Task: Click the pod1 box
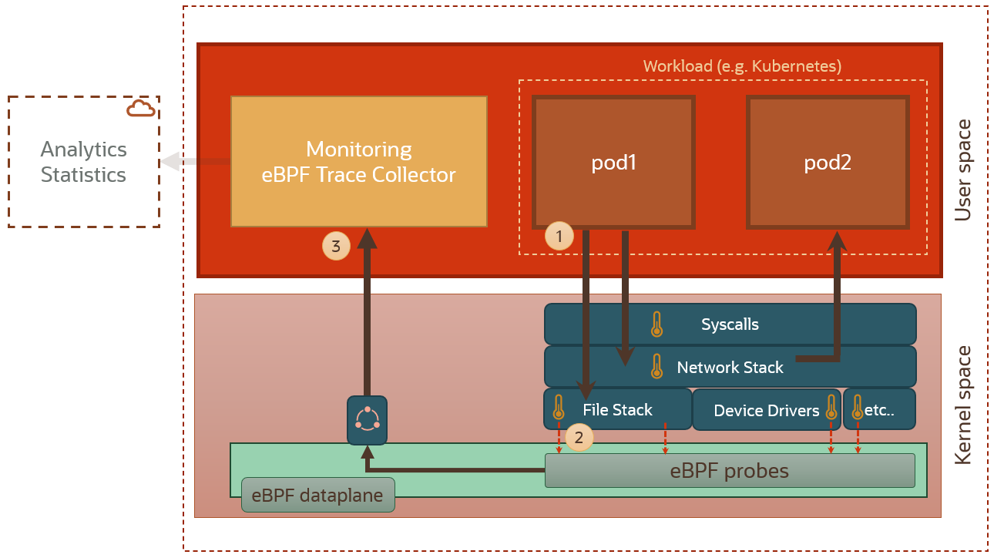click(x=613, y=163)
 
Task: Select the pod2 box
click(x=828, y=163)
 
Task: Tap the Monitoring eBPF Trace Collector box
click(x=359, y=161)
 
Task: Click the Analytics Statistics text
click(x=83, y=162)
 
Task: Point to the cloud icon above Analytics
click(x=140, y=109)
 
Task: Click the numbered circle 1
click(x=559, y=237)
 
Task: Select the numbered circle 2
click(x=579, y=437)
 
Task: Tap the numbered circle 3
click(x=335, y=247)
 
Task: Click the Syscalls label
click(x=730, y=324)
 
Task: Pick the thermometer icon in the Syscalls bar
click(x=656, y=324)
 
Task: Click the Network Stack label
click(x=730, y=368)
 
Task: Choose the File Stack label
click(x=617, y=410)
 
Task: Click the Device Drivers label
click(x=766, y=411)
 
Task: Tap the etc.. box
click(x=879, y=409)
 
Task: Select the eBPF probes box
click(x=729, y=470)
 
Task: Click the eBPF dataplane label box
click(x=317, y=495)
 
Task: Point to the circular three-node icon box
click(x=367, y=420)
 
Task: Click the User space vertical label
click(x=963, y=170)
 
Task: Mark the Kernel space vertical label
click(x=963, y=405)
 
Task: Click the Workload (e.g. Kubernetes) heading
click(x=742, y=66)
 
